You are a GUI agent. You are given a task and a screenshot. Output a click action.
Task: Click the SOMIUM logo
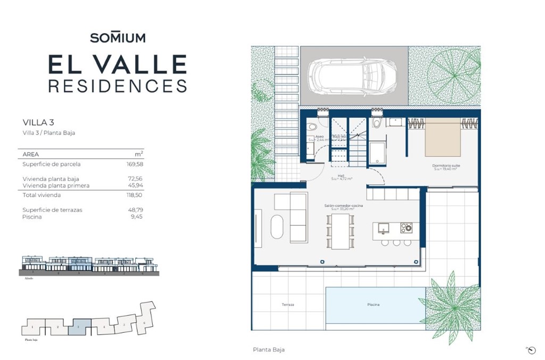pos(117,38)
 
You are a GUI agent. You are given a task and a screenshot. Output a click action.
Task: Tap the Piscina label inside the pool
pos(374,305)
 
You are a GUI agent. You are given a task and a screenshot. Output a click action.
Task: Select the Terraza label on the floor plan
pos(288,305)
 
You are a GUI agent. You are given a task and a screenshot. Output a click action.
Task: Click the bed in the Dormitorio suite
pos(443,137)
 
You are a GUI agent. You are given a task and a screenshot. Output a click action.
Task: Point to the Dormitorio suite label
pos(446,166)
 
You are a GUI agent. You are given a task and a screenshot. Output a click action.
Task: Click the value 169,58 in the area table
pos(135,165)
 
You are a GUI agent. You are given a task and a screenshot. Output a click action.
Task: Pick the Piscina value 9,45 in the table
pos(137,217)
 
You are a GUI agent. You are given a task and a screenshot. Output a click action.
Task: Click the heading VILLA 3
pos(38,122)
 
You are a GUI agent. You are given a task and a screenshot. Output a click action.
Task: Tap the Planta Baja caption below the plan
pos(268,350)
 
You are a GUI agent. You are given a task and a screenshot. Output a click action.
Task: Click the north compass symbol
pos(531,349)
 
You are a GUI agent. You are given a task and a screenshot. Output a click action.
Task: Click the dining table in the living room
pos(340,231)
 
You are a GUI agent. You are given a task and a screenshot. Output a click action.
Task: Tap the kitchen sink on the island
pos(384,228)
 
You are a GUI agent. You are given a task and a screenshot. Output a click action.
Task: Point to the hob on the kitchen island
pos(406,228)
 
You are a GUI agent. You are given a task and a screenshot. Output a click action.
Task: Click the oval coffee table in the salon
pos(278,227)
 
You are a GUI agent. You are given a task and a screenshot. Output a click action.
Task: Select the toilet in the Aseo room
pos(312,127)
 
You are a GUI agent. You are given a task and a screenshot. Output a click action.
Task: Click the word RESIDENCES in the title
pos(117,86)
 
